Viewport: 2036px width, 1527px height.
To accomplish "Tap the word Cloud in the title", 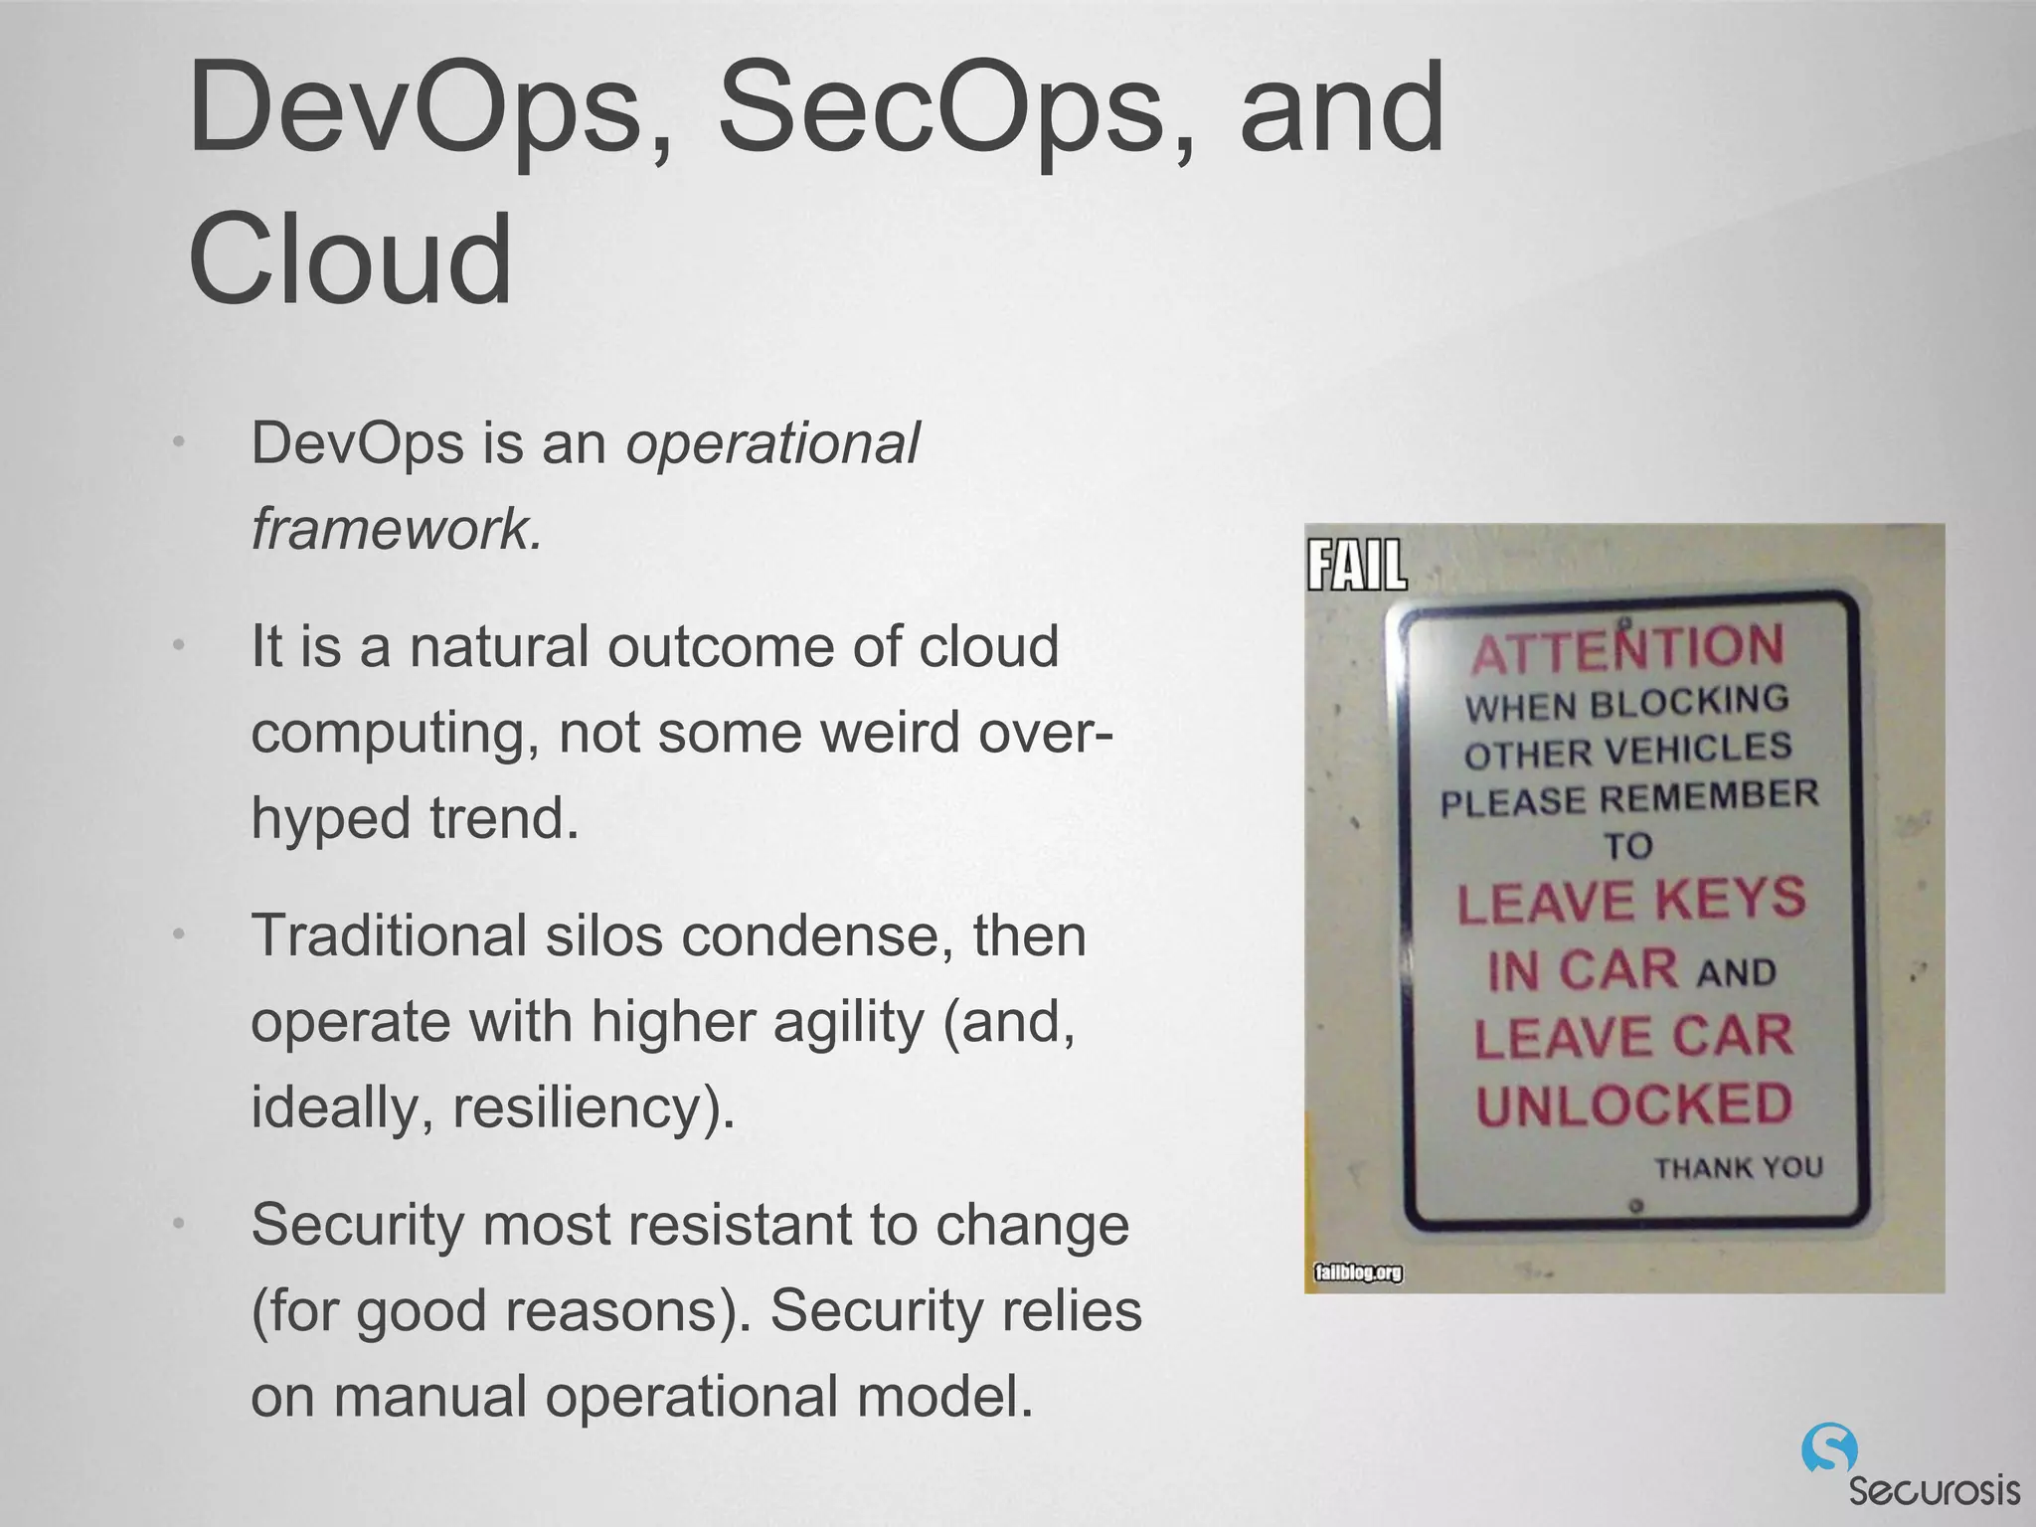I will click(350, 260).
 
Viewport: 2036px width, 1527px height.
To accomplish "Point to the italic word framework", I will click(396, 528).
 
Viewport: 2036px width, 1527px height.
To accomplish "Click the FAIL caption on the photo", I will click(1357, 567).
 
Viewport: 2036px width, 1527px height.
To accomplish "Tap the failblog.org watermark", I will click(1358, 1272).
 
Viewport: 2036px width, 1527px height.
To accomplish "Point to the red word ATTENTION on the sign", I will click(1627, 648).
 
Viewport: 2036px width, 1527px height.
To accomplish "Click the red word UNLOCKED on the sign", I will click(1634, 1104).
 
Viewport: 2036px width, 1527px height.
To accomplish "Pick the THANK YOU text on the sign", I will click(1738, 1167).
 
